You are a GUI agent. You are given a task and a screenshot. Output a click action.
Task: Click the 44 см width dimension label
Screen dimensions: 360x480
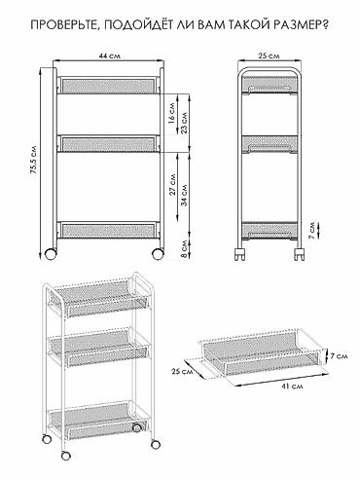tap(109, 55)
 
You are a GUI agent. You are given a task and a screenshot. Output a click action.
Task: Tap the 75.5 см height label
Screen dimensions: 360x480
tap(33, 162)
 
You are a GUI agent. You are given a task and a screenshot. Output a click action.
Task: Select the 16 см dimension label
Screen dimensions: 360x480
tap(172, 113)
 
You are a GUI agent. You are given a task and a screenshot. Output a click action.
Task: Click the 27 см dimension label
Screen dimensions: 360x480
tap(172, 184)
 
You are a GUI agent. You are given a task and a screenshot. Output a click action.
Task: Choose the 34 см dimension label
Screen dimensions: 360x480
tap(184, 196)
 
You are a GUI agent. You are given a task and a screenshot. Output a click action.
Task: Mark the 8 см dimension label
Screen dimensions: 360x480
tap(184, 249)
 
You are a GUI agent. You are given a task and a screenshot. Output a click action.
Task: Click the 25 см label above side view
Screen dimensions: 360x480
tap(269, 55)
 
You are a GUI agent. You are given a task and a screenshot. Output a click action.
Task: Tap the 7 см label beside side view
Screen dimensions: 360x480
tap(311, 231)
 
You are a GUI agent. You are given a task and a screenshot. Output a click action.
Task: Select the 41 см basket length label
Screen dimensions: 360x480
tap(292, 387)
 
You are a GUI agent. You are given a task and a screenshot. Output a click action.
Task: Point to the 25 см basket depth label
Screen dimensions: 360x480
tap(182, 371)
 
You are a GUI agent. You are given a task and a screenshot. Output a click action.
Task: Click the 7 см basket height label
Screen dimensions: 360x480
tap(339, 356)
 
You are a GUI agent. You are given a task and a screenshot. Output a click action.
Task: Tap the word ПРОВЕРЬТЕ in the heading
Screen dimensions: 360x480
tap(67, 25)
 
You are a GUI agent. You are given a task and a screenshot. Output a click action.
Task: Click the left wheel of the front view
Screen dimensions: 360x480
tap(51, 254)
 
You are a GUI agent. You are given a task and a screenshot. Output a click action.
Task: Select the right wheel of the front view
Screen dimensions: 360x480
tap(158, 254)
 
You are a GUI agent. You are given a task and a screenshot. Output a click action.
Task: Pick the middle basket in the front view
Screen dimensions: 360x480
tap(108, 143)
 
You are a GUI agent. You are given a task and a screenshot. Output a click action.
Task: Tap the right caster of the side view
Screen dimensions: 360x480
tap(300, 254)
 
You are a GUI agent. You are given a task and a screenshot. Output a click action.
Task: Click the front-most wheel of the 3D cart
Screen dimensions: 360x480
tap(66, 456)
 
